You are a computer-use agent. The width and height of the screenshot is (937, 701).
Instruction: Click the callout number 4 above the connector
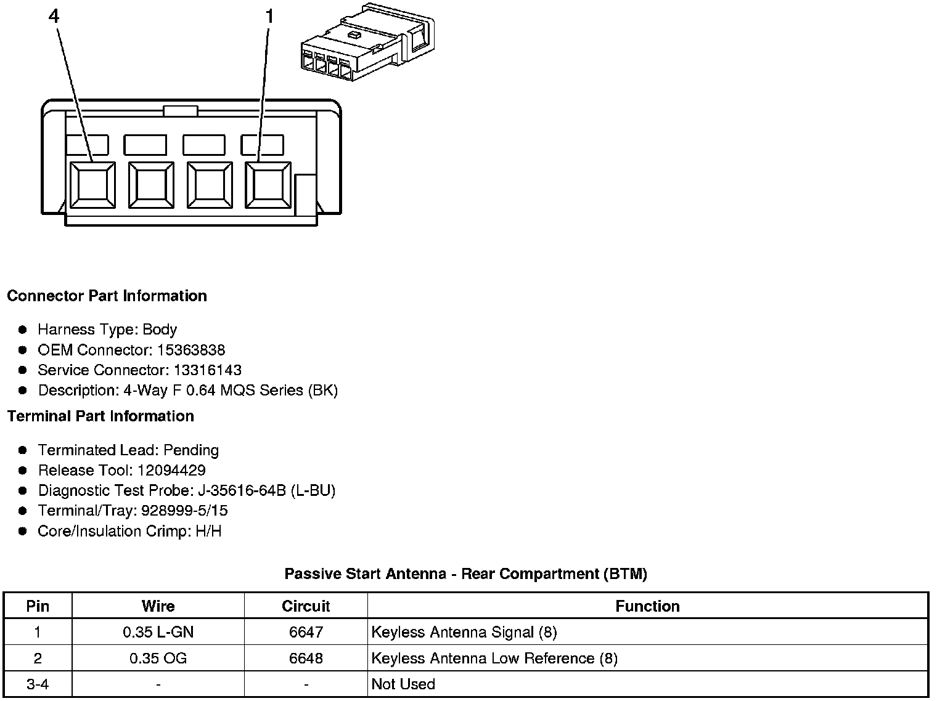click(x=54, y=17)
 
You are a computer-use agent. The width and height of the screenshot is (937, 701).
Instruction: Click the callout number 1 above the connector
click(x=268, y=17)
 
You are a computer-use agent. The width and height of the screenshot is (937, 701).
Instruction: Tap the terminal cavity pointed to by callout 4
click(x=92, y=185)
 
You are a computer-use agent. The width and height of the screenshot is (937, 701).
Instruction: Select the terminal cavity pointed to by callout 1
click(x=268, y=185)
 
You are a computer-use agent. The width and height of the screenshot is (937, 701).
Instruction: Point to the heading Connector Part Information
click(x=107, y=296)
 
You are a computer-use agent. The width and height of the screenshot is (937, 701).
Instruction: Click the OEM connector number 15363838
click(x=191, y=351)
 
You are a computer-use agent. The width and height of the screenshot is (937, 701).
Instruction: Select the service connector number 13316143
click(x=208, y=371)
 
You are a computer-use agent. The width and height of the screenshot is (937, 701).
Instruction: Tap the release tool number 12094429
click(x=171, y=471)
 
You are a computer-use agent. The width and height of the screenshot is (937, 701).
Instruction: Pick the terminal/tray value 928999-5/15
click(x=184, y=511)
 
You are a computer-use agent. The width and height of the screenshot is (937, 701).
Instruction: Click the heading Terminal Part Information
click(x=100, y=416)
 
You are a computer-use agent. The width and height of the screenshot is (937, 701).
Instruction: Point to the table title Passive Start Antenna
click(x=465, y=574)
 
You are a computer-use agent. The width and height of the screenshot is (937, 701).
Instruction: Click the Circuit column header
click(x=306, y=606)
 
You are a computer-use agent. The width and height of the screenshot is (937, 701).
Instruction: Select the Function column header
click(x=647, y=606)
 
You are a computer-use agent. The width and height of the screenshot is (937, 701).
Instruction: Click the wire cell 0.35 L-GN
click(x=158, y=632)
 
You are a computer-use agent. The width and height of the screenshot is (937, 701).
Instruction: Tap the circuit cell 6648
click(x=306, y=658)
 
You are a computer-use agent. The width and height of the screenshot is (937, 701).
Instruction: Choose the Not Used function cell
click(x=403, y=684)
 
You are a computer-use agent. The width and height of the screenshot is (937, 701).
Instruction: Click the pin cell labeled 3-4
click(x=38, y=684)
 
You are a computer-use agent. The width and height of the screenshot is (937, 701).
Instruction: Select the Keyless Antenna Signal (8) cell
click(x=464, y=632)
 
